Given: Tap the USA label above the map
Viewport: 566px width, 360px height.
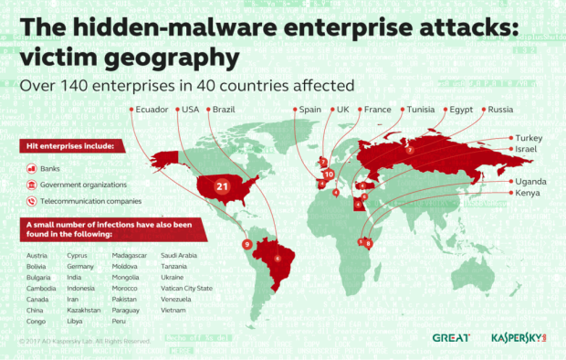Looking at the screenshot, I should point(191,110).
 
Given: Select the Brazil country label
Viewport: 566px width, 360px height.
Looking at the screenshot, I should point(225,110).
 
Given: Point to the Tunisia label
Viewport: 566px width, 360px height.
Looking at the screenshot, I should point(423,110).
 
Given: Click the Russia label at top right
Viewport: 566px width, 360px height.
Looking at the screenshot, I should point(501,110).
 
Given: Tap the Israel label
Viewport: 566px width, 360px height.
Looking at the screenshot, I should point(529,149).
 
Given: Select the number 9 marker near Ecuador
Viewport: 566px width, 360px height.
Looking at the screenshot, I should point(246,244).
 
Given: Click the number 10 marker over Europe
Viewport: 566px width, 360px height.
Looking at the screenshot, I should point(329,174).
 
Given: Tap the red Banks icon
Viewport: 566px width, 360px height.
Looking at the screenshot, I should point(31,168).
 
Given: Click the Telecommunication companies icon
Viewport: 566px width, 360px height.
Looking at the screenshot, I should point(31,200).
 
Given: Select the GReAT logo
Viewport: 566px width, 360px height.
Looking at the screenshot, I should point(451,337).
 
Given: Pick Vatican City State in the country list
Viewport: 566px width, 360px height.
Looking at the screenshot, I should point(186,288).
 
